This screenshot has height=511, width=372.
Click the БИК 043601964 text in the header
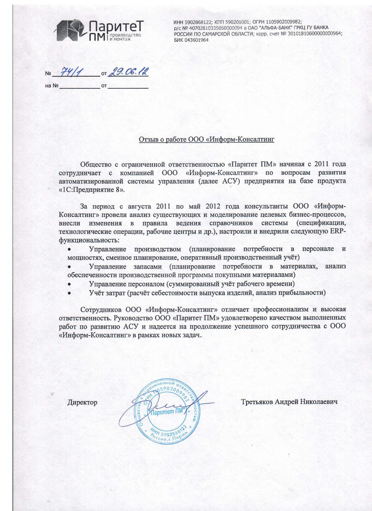pos(191,40)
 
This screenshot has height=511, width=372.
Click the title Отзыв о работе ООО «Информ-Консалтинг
pos(206,140)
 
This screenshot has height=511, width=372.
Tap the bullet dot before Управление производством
pos(69,250)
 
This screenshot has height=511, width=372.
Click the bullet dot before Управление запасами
pos(69,267)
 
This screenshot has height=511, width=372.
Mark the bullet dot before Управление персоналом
pos(69,284)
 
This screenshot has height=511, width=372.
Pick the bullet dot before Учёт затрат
pos(69,293)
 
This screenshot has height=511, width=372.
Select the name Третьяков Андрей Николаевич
pos(289,402)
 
